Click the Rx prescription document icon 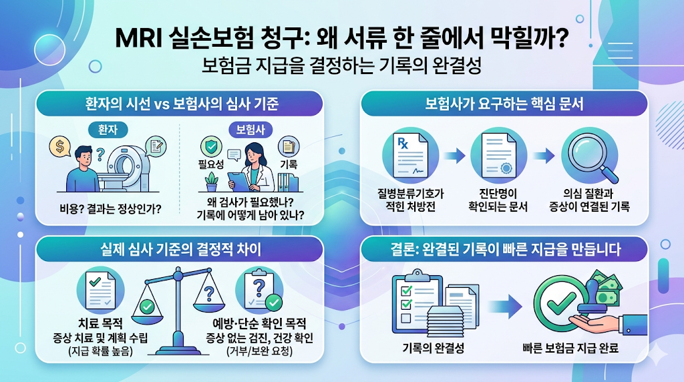pyautogui.click(x=410, y=157)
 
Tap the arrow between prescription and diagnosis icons pyautogui.click(x=454, y=157)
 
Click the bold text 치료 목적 pyautogui.click(x=100, y=323)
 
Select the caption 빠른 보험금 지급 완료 pyautogui.click(x=570, y=348)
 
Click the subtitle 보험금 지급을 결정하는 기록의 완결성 pyautogui.click(x=341, y=67)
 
